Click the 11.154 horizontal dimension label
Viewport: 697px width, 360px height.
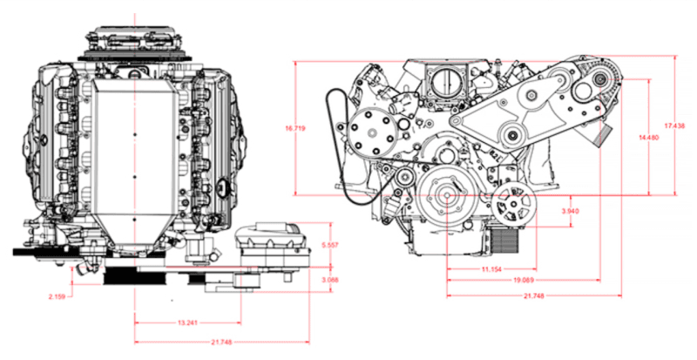coord(491,270)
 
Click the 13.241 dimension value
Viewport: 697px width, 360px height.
coord(186,323)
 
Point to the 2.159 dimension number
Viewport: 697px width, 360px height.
coord(58,296)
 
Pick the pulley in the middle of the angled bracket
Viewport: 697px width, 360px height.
coord(511,132)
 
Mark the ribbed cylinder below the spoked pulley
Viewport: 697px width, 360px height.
coord(503,237)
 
